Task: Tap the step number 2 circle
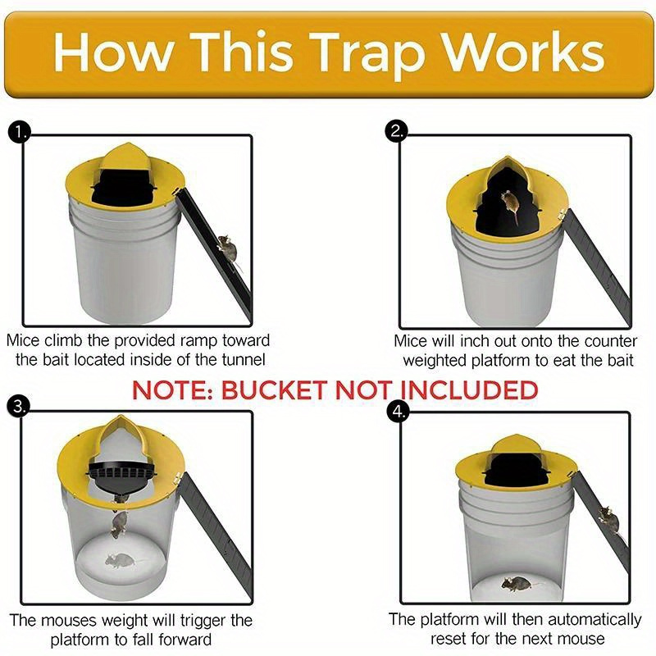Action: click(399, 131)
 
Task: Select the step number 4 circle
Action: click(399, 412)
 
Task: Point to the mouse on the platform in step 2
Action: click(510, 205)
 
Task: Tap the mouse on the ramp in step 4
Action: click(608, 517)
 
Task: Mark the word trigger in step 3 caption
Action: click(189, 620)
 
